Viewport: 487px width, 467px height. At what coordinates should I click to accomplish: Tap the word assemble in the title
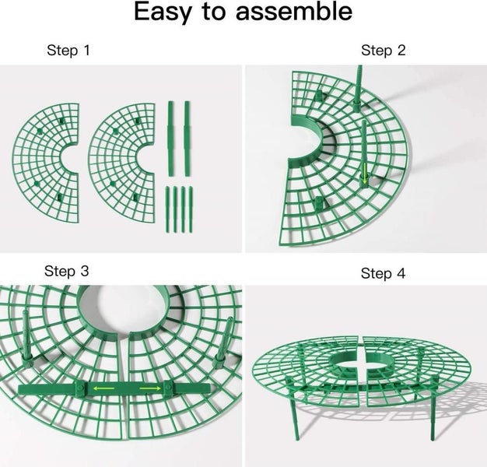coord(294,11)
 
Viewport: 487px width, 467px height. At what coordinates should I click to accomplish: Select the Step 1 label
coord(68,51)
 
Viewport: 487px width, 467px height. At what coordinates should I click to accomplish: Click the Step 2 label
coord(384,51)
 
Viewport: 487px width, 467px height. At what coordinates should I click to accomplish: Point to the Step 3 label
coord(66,271)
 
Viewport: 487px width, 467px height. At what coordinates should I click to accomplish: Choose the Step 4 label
coord(383,273)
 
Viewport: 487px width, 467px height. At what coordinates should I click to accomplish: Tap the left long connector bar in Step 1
coord(170,139)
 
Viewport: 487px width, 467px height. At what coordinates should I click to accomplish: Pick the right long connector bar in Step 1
coord(187,139)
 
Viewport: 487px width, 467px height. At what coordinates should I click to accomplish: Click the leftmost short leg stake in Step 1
coord(167,209)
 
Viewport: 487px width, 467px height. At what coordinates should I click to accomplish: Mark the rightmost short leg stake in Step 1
coord(191,209)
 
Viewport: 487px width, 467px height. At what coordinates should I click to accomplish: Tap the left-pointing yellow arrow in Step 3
coord(104,388)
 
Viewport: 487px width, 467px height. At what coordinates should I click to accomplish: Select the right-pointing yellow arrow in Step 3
coord(150,388)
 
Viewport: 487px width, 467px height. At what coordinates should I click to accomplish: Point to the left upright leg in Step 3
coord(27,337)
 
